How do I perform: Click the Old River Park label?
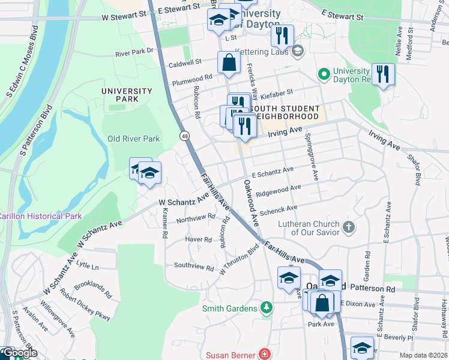coord(133,139)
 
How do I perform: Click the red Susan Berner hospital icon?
coord(263,354)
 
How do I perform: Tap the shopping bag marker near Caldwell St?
coord(229,64)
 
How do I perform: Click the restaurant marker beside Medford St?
coord(382,74)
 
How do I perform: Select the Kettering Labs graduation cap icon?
coord(297,52)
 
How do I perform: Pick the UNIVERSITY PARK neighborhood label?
coord(127,95)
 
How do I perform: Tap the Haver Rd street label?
coord(199,239)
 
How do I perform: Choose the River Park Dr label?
coord(134,52)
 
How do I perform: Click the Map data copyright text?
coord(422,355)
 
